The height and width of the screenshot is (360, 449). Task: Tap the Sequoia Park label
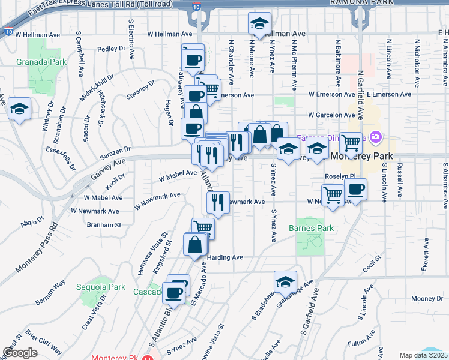[x=101, y=287]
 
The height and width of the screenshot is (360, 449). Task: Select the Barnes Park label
[x=310, y=228]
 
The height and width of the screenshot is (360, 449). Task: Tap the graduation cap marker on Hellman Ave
[x=259, y=25]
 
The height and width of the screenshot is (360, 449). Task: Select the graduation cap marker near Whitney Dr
[x=19, y=109]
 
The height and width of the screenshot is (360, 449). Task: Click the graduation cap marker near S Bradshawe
[x=285, y=282]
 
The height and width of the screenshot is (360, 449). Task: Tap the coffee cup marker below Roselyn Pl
[x=355, y=190]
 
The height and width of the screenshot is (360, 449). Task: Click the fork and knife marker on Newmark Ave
[x=218, y=202]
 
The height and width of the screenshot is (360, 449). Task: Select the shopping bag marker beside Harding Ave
[x=195, y=245]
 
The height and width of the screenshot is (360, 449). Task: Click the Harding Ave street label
[x=225, y=257]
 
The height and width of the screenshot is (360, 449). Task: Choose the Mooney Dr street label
[x=427, y=299]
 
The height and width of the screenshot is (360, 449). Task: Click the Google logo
[x=20, y=352]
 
